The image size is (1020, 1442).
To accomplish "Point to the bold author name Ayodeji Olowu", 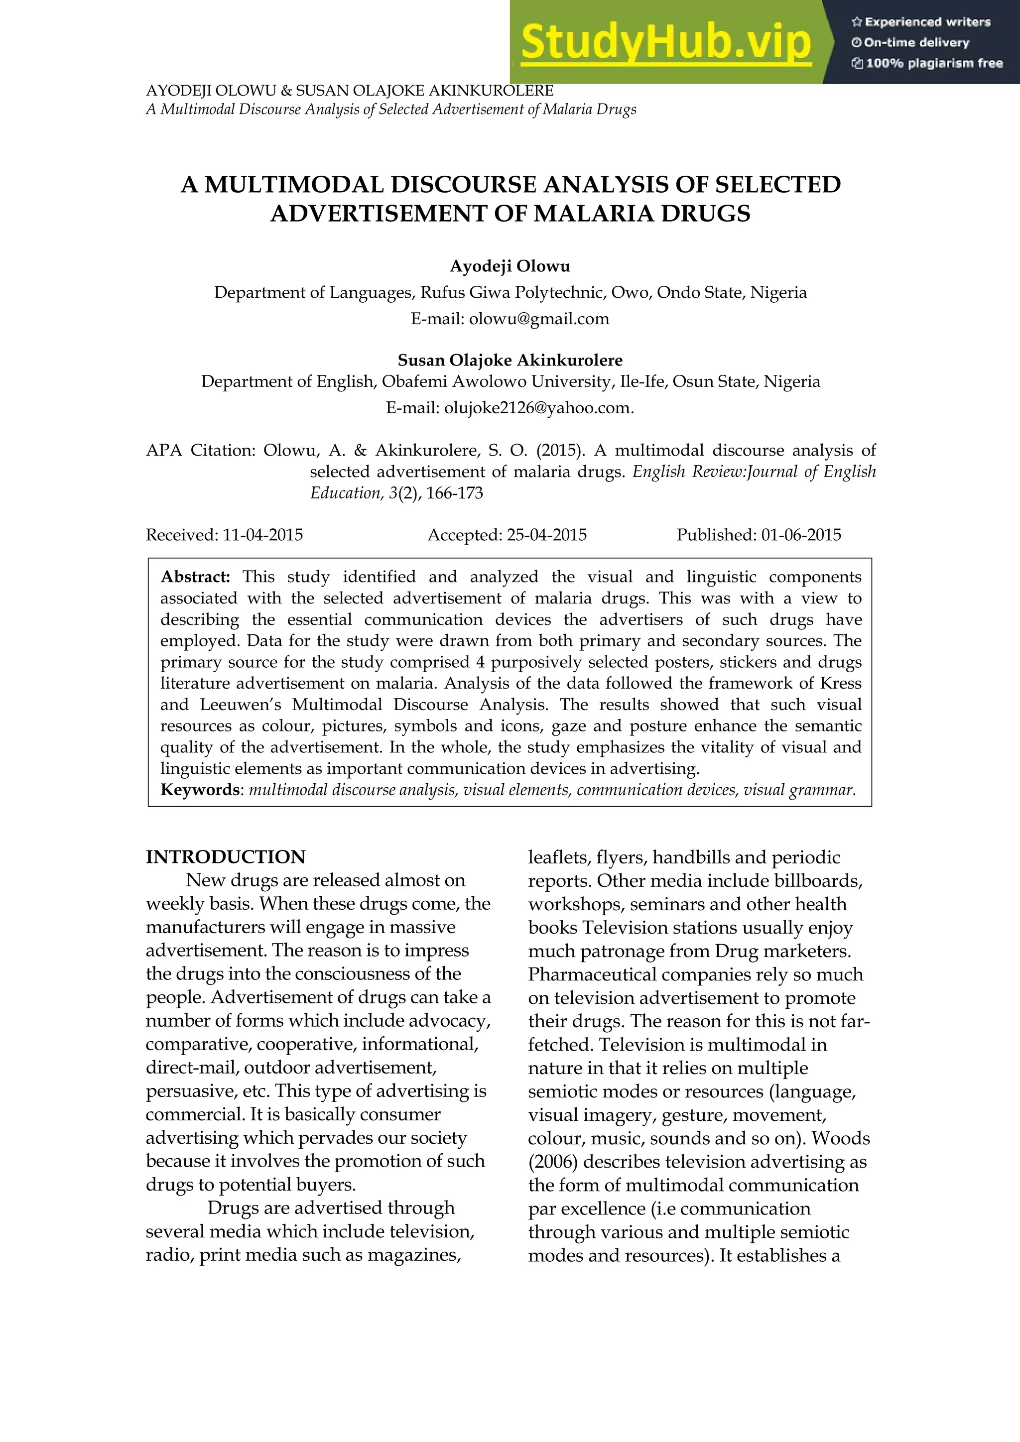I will [x=510, y=266].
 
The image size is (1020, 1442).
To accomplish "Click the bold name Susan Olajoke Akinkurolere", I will [x=510, y=360].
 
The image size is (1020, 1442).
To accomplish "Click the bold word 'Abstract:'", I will [x=195, y=577].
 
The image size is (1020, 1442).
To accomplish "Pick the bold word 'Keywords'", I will [x=200, y=789].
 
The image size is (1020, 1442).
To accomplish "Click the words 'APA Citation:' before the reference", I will [x=200, y=450].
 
